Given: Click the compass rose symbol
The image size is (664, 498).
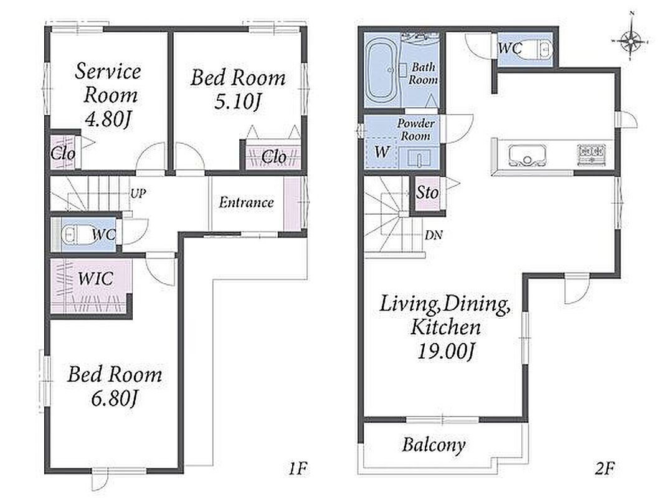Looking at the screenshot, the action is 630,41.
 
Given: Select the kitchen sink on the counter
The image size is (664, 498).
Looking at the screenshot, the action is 527,156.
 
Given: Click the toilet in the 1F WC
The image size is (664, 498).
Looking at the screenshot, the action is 75,235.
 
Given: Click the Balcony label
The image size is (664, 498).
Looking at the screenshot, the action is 434,445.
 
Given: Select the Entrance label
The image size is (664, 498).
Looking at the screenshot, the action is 246,202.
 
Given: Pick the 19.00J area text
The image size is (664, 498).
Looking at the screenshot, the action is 445,350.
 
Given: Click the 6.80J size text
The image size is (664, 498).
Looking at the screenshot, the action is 115,398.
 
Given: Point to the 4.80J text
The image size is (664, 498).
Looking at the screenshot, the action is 108,120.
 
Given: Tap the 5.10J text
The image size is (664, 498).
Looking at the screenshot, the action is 237,101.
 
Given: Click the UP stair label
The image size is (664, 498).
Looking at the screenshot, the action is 138,194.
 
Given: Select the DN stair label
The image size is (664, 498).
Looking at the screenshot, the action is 434,235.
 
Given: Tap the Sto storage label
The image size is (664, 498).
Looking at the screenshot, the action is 427,193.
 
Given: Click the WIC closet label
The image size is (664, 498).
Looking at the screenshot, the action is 96,278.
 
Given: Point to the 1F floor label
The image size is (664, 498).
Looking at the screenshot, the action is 298,468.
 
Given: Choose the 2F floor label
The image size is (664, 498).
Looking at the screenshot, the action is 604,468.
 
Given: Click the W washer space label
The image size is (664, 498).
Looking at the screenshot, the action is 382,152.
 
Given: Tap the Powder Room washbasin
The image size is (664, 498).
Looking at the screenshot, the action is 419,158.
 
